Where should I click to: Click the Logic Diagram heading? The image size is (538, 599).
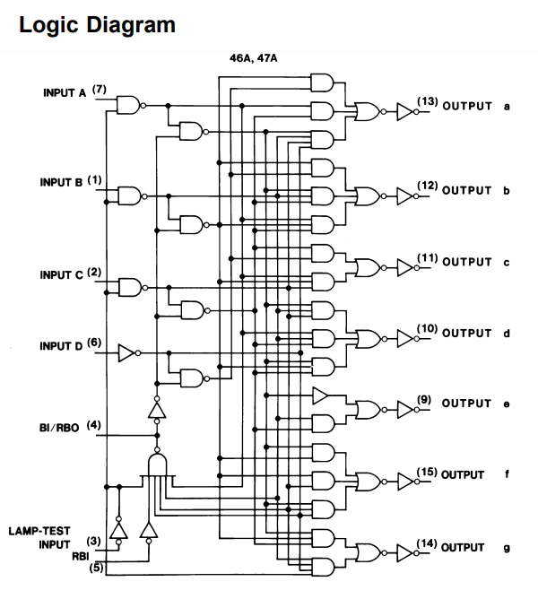pyautogui.click(x=97, y=25)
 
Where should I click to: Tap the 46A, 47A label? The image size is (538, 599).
pyautogui.click(x=254, y=58)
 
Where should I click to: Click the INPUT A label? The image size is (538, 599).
pyautogui.click(x=65, y=93)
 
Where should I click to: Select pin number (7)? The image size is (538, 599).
pyautogui.click(x=100, y=89)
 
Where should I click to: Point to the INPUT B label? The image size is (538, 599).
pyautogui.click(x=61, y=182)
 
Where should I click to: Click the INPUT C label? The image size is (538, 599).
pyautogui.click(x=61, y=275)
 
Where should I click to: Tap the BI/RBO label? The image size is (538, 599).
pyautogui.click(x=59, y=428)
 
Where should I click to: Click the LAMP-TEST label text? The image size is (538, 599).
pyautogui.click(x=39, y=531)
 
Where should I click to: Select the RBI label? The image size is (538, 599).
pyautogui.click(x=80, y=556)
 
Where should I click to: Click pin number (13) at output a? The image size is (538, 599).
pyautogui.click(x=427, y=101)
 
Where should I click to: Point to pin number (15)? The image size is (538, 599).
pyautogui.click(x=427, y=472)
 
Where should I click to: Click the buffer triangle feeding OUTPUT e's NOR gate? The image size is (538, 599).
pyautogui.click(x=320, y=395)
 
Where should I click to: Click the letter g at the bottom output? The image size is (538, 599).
pyautogui.click(x=507, y=549)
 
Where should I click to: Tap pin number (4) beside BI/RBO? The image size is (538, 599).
pyautogui.click(x=93, y=425)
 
